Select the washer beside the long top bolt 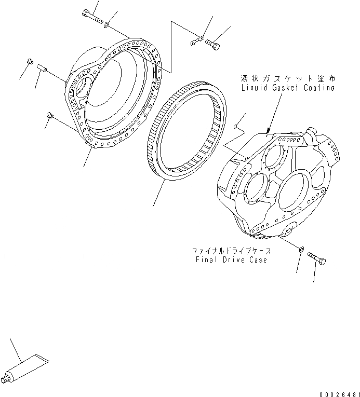(x=106, y=24)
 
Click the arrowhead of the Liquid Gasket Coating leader (x=269, y=132)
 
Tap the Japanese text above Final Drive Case (x=231, y=251)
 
